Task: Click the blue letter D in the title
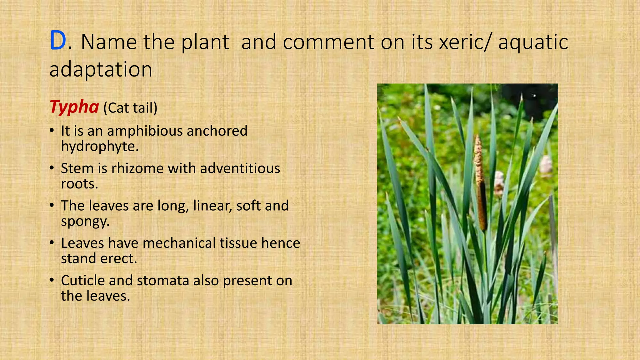pyautogui.click(x=58, y=41)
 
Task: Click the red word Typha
pyautogui.click(x=74, y=107)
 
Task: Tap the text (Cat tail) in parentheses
pyautogui.click(x=130, y=108)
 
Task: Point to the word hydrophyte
pyautogui.click(x=99, y=146)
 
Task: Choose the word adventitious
pyautogui.click(x=240, y=168)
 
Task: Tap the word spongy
pyautogui.click(x=85, y=222)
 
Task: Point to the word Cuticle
pyautogui.click(x=83, y=280)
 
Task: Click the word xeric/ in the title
pyautogui.click(x=465, y=42)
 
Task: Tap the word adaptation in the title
pyautogui.click(x=101, y=69)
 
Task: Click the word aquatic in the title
pyautogui.click(x=533, y=42)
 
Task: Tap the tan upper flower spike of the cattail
pyautogui.click(x=478, y=159)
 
